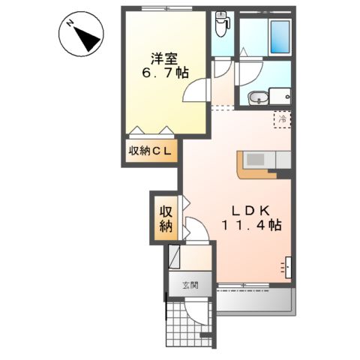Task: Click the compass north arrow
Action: pos(88,39)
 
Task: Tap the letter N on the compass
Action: pos(70,23)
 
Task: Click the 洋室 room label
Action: pos(164,58)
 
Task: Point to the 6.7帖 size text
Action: pos(165,73)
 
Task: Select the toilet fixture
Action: pos(221,24)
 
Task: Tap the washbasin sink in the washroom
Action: pos(258,98)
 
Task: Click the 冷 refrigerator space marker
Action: pos(283,119)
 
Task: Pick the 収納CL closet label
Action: pos(150,151)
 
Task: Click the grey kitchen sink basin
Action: pos(256,159)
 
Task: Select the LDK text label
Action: pos(250,211)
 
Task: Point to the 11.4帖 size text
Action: pos(251,226)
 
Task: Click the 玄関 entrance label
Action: pos(190,285)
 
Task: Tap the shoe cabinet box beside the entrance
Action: pos(174,256)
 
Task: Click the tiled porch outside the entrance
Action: pos(189,322)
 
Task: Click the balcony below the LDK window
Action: pos(256,299)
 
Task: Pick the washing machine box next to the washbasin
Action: pos(280,96)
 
